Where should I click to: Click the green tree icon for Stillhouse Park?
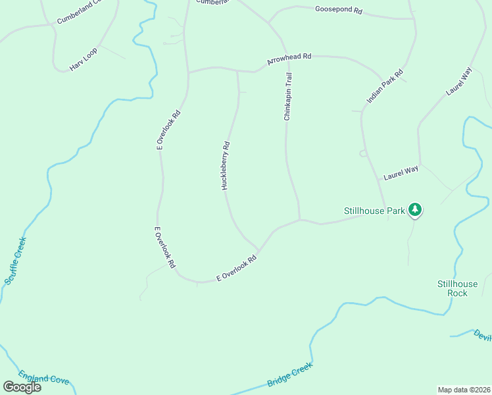tap(414, 209)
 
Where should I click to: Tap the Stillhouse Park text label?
tap(374, 211)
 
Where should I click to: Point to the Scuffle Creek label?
tap(15, 261)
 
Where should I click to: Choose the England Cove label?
tap(43, 379)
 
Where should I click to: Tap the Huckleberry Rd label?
tap(226, 166)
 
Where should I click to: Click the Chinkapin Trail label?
tap(287, 97)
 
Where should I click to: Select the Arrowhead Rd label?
tap(289, 59)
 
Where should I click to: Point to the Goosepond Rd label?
tap(339, 11)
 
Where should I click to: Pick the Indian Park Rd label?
tap(385, 86)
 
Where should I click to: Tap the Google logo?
tap(22, 387)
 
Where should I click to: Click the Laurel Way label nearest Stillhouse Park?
tap(401, 174)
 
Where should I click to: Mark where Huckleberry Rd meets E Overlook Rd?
tap(258, 251)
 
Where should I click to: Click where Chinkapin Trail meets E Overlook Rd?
tap(300, 220)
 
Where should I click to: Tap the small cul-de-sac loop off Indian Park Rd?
tap(362, 153)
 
